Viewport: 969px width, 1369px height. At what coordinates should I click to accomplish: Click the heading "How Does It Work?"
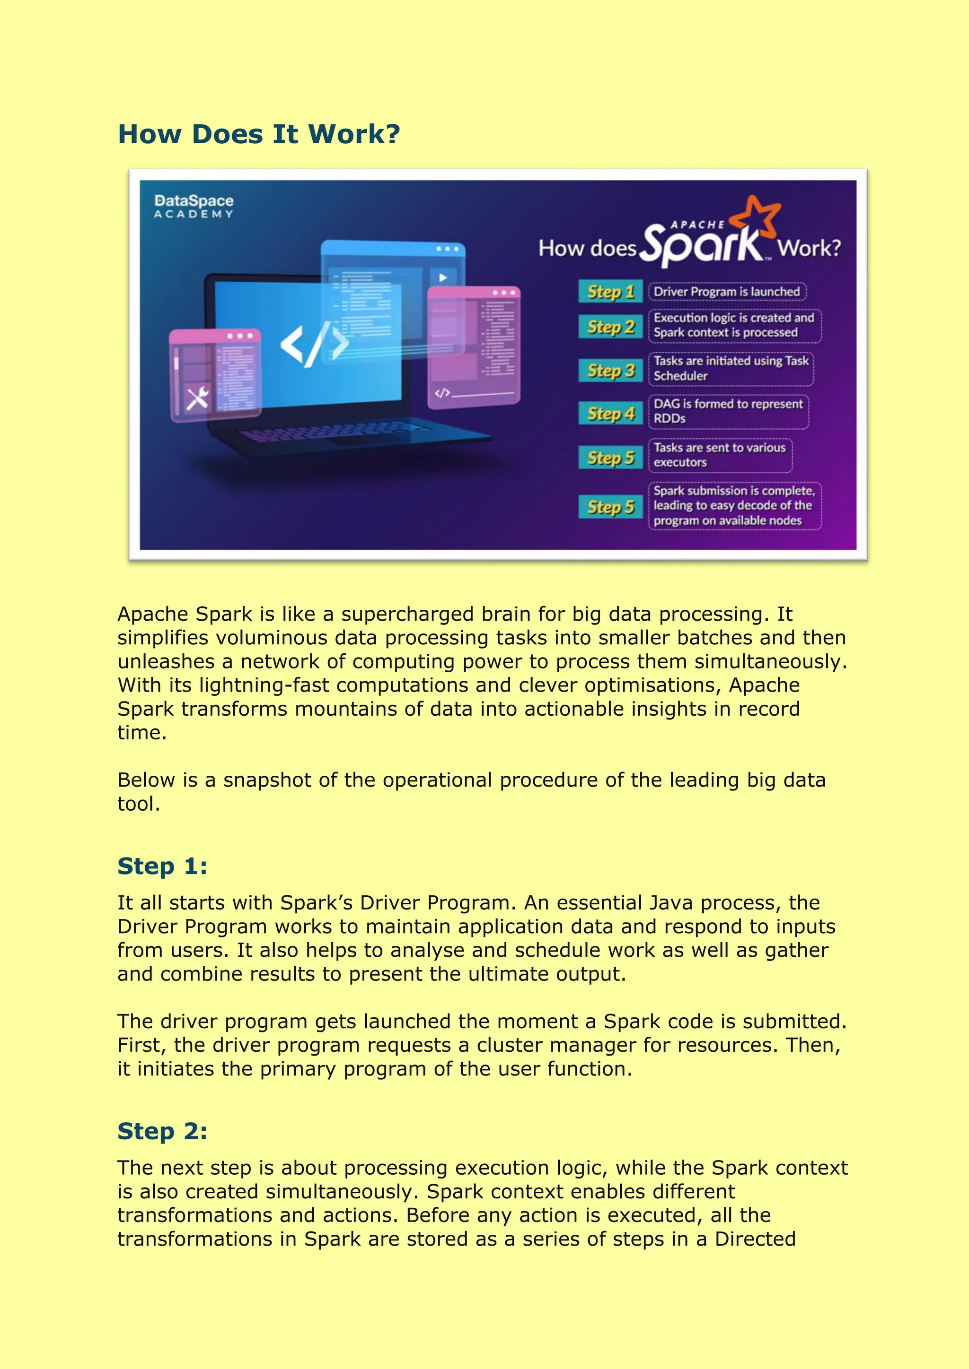(x=258, y=134)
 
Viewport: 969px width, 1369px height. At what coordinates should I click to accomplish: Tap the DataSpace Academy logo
(x=194, y=206)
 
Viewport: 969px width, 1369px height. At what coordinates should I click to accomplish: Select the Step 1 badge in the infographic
(x=610, y=292)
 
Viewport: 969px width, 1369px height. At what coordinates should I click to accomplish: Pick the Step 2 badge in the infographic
(x=610, y=327)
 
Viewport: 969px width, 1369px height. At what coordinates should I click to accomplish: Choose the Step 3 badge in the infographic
(x=610, y=370)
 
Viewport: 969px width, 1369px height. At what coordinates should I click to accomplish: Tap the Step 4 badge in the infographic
(x=610, y=413)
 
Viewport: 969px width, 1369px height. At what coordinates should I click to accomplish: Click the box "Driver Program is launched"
(x=727, y=292)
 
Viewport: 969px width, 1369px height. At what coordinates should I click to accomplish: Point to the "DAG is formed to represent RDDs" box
(x=728, y=411)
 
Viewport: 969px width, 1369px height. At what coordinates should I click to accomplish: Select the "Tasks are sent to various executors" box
(x=720, y=455)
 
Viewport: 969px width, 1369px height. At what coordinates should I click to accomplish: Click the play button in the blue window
(x=443, y=277)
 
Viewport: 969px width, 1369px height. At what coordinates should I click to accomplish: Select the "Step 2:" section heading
(x=162, y=1131)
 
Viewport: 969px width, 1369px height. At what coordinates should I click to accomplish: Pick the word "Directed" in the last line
(x=755, y=1239)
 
